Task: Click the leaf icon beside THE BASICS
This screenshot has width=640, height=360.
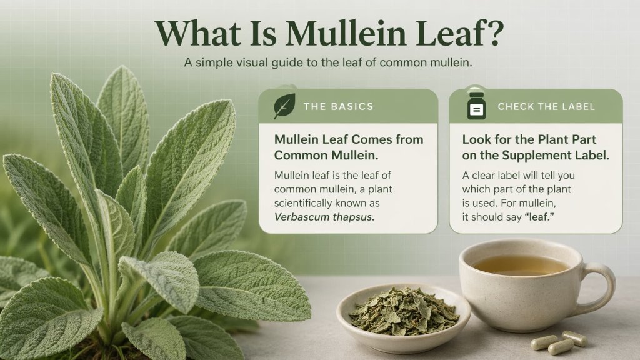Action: (284, 106)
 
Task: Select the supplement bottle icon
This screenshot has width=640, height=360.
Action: (477, 106)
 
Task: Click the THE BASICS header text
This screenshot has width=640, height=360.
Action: (338, 106)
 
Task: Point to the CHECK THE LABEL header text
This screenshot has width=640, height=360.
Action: (546, 106)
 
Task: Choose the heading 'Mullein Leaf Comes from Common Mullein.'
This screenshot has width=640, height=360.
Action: (349, 147)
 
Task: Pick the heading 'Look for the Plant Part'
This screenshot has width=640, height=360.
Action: (529, 139)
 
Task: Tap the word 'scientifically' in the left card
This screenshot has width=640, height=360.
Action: (306, 204)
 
